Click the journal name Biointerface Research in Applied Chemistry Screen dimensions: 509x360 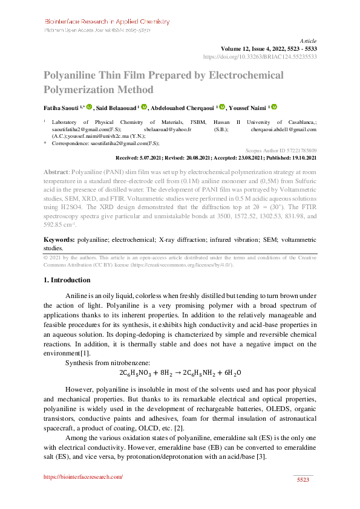pos(106,21)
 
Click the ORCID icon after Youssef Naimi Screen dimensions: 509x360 pos(273,108)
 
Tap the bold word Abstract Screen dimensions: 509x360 pos(56,172)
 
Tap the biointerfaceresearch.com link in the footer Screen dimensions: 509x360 pos(83,477)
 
